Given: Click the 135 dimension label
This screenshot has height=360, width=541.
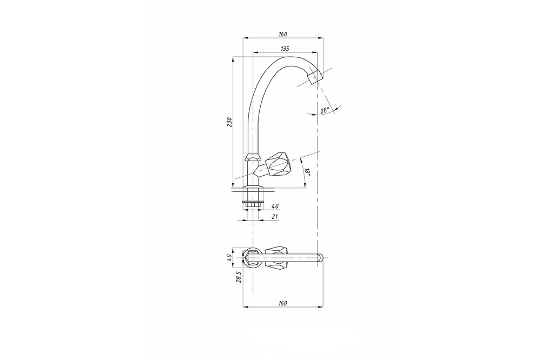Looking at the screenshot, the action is tap(285, 49).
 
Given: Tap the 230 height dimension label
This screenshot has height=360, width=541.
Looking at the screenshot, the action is tap(229, 122).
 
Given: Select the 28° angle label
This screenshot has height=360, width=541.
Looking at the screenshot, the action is tap(325, 110).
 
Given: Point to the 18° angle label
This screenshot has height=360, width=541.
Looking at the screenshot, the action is tap(307, 172).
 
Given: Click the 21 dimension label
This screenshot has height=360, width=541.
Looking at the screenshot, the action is tap(275, 217).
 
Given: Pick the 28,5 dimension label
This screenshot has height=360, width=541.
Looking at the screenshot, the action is tap(239, 277).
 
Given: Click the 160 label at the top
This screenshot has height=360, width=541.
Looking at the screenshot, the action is tap(283, 34).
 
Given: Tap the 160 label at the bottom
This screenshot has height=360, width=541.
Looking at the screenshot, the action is tap(282, 303).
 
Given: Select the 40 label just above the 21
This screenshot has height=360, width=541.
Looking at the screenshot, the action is tap(275, 206).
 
